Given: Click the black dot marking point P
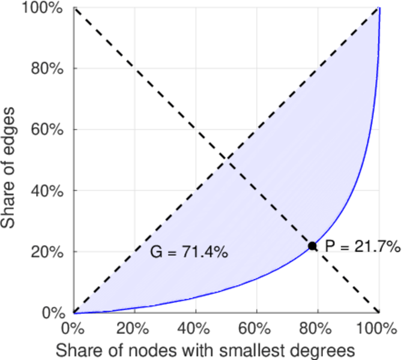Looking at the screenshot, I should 312,246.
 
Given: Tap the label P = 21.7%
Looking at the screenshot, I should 362,246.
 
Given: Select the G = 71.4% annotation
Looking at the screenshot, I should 188,253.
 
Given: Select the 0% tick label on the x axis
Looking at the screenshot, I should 73,329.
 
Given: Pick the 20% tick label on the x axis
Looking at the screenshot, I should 134,329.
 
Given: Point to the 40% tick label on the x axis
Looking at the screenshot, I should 195,329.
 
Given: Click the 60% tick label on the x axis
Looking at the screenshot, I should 256,329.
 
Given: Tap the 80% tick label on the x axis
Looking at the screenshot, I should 317,329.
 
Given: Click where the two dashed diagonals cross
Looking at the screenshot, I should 226,160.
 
